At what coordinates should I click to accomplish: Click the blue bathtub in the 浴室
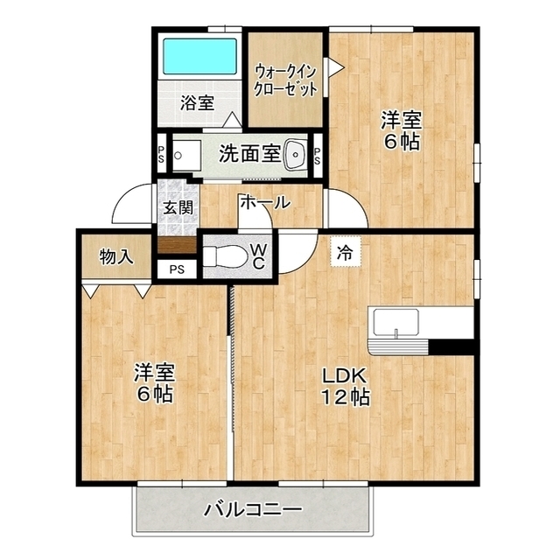click(200, 56)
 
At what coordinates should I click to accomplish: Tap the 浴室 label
click(198, 103)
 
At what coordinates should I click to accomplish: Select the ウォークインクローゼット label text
click(285, 80)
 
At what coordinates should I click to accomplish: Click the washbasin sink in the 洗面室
click(296, 155)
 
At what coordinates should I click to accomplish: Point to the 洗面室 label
click(249, 154)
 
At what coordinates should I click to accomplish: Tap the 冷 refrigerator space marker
click(346, 253)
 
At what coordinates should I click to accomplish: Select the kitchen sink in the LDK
click(396, 323)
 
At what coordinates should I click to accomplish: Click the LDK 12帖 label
click(345, 386)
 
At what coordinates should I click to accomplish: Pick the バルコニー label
click(253, 509)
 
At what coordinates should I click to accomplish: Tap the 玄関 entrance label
click(178, 207)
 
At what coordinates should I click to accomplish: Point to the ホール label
click(265, 202)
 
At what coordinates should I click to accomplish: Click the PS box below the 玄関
click(177, 269)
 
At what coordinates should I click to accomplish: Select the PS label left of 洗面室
click(161, 154)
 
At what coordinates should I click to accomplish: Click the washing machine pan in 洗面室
click(186, 156)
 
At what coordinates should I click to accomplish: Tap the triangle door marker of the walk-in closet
click(336, 67)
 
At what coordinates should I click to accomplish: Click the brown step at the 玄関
click(177, 245)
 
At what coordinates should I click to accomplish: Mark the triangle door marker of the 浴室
click(233, 120)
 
